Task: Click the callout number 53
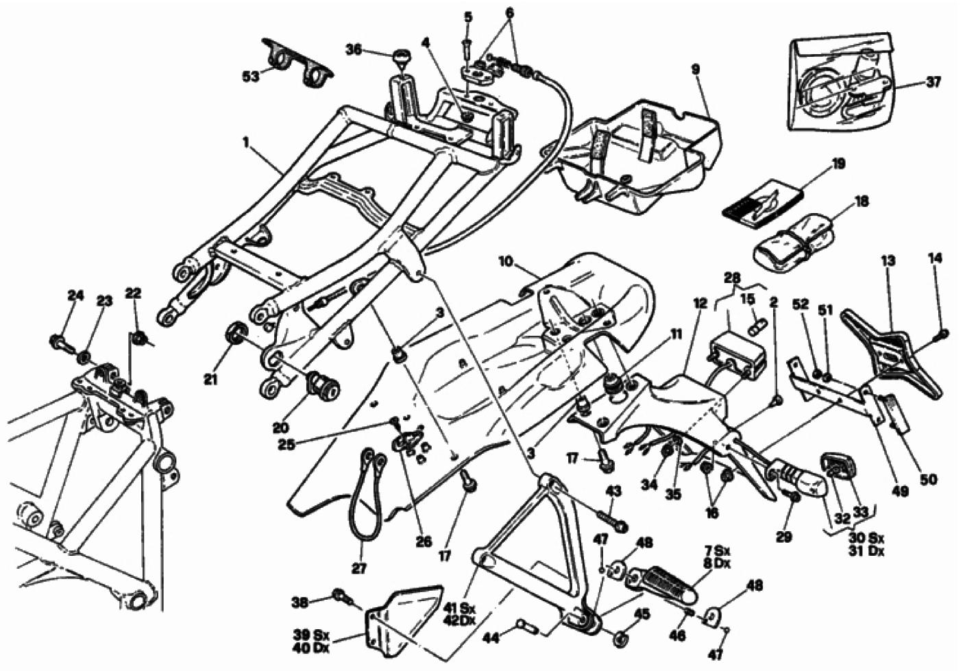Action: [251, 77]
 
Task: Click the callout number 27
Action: [359, 568]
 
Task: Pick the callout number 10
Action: [507, 261]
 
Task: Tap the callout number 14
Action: [936, 258]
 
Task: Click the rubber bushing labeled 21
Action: [236, 332]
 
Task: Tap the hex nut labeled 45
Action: [620, 637]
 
